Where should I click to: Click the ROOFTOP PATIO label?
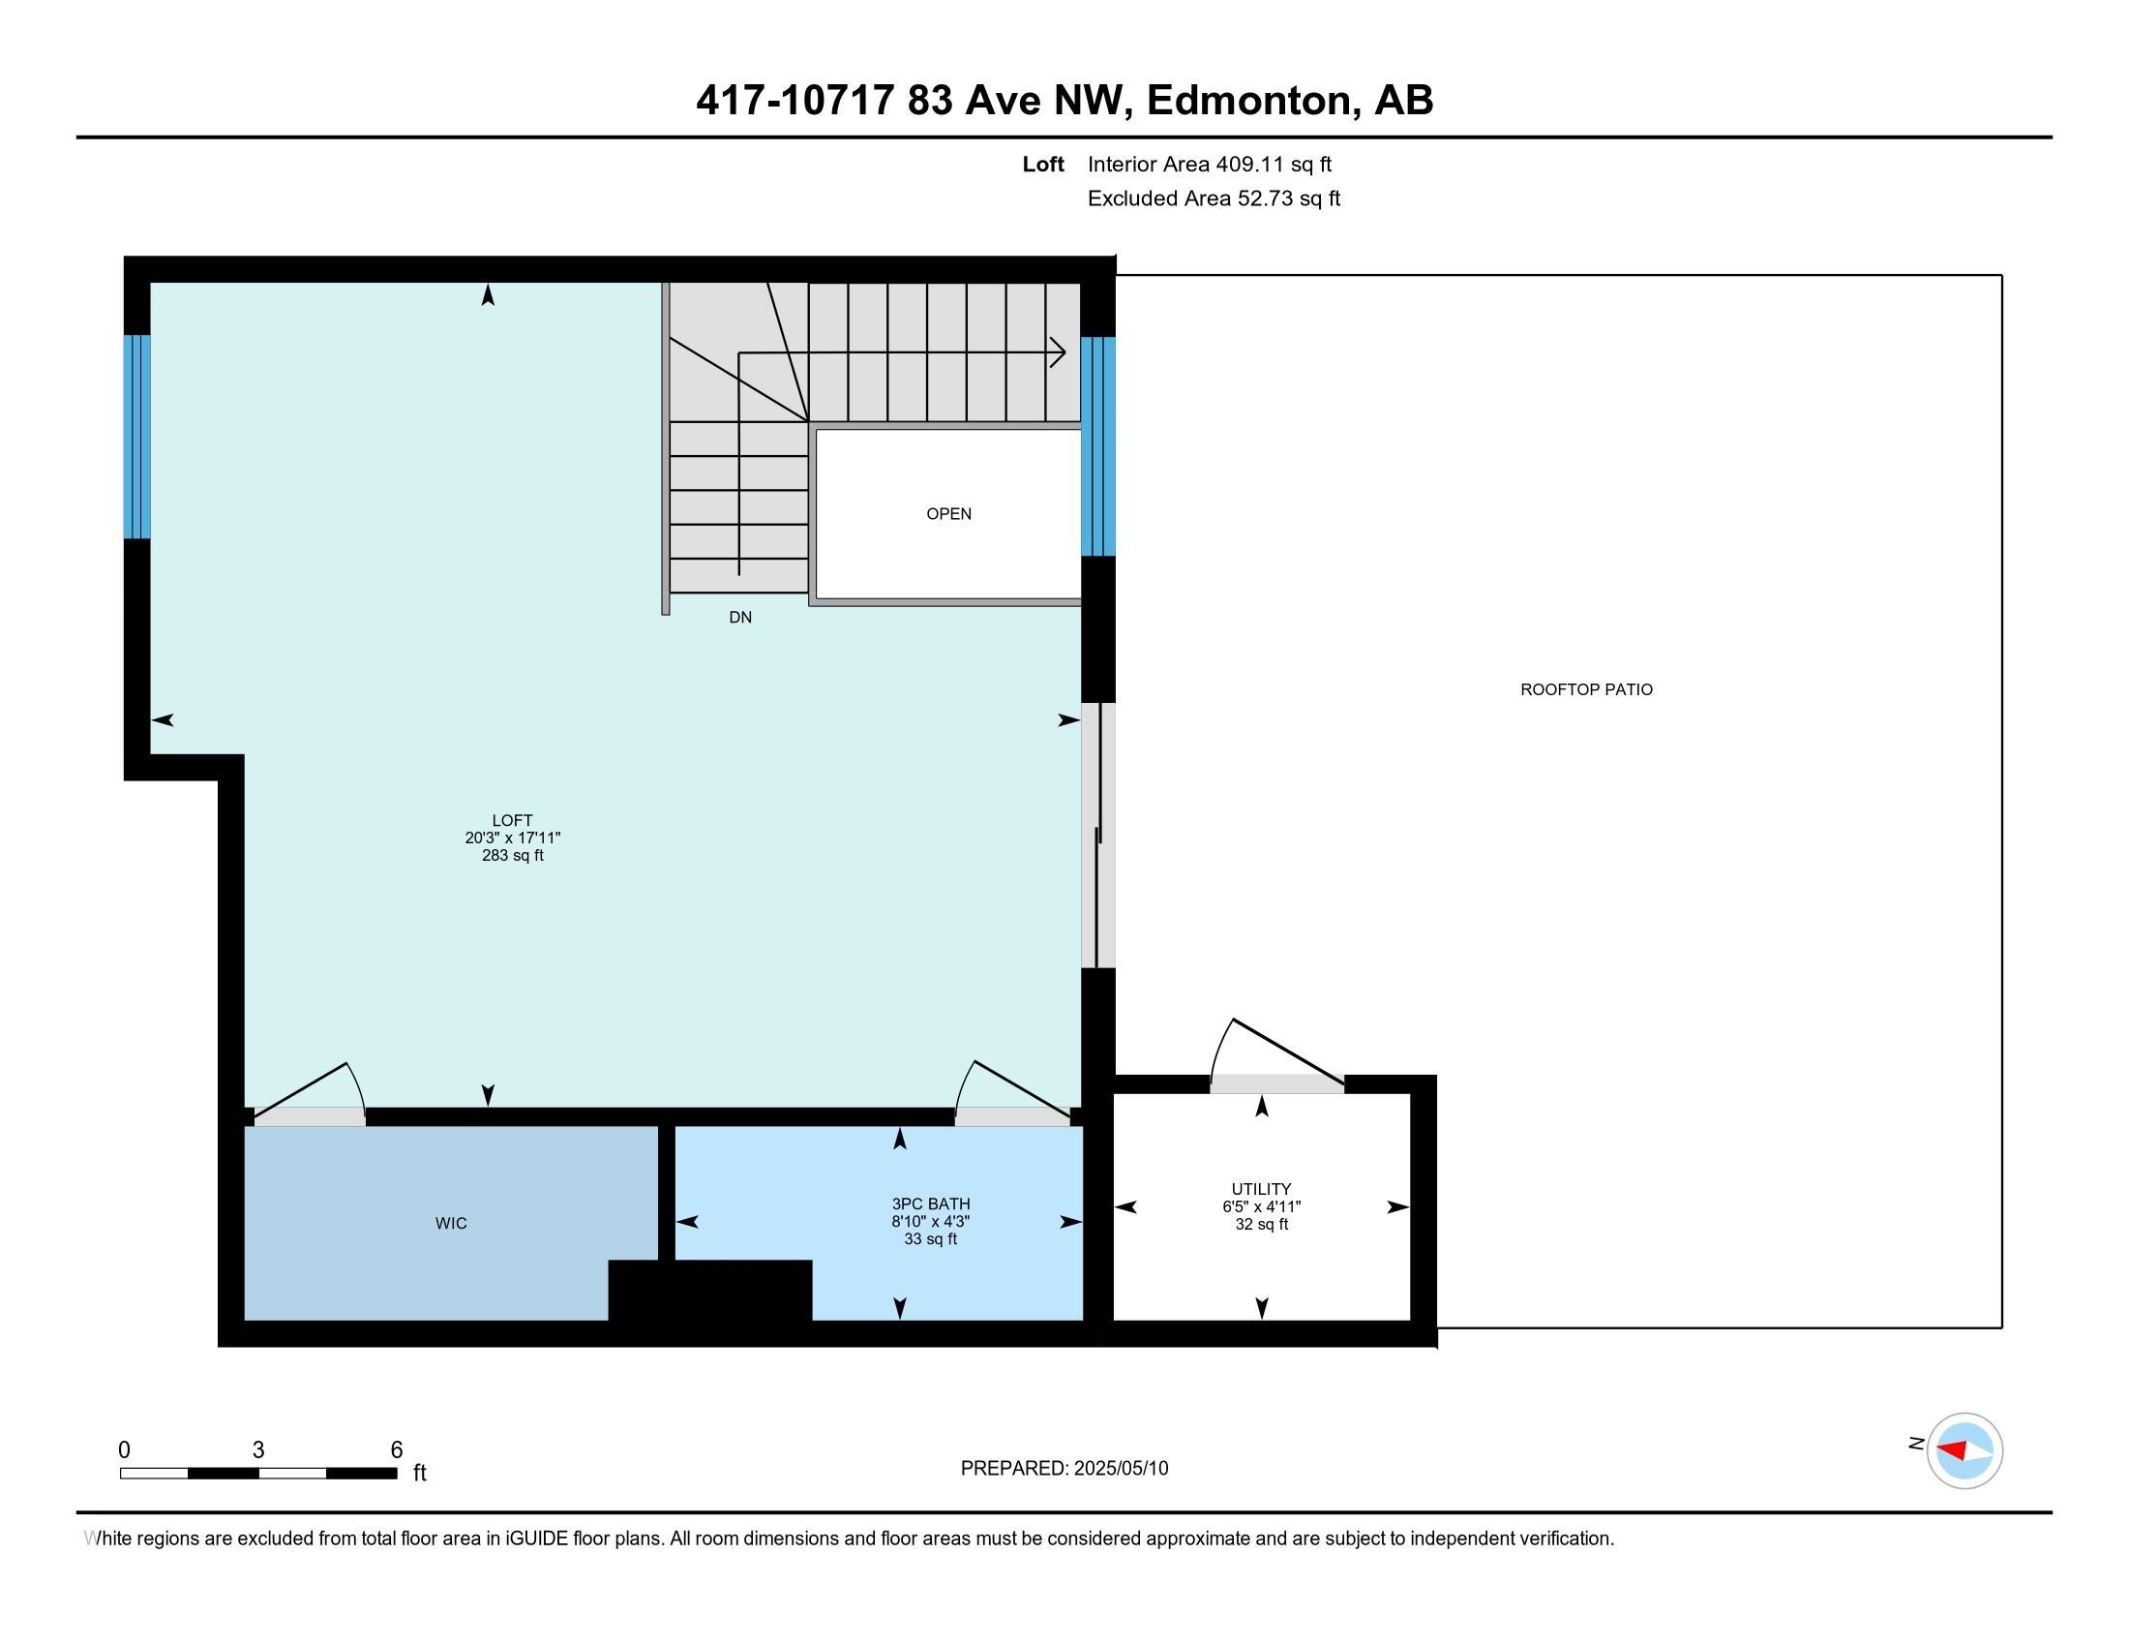point(1586,689)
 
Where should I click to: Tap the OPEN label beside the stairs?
point(948,514)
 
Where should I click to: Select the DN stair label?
point(740,618)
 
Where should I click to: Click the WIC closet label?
point(450,1223)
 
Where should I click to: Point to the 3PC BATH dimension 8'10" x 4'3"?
point(930,1222)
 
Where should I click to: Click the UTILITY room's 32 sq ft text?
point(1261,1224)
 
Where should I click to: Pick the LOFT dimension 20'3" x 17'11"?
point(512,838)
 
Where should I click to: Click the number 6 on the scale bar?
point(396,1449)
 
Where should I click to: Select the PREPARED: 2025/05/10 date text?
point(1064,1469)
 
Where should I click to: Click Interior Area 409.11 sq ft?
point(1209,165)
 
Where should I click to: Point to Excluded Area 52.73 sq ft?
point(1214,198)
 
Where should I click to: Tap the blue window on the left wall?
point(136,436)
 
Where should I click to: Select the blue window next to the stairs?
point(1097,445)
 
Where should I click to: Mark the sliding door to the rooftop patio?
point(1097,835)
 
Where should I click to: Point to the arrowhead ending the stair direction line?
point(1057,352)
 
